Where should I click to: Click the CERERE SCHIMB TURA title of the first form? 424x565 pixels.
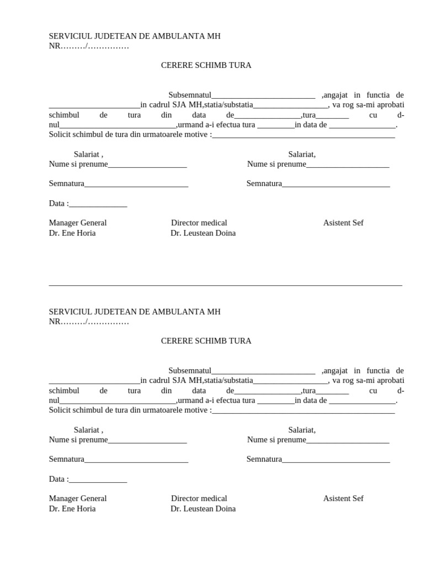pos(206,65)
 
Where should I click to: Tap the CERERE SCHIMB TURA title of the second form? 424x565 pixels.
pos(206,341)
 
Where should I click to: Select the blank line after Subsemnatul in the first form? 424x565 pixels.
pos(263,96)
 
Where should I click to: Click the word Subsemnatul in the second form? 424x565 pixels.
pos(190,371)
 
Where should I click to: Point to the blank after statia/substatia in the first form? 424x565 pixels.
pos(290,106)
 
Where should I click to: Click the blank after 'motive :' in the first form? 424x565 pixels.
pos(303,135)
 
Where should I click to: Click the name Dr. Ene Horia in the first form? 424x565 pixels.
pos(72,233)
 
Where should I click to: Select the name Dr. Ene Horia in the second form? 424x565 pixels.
pos(72,509)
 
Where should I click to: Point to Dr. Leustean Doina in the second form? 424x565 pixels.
pos(203,509)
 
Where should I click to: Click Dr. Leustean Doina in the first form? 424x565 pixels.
pos(203,233)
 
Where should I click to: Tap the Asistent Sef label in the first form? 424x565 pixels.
pos(343,223)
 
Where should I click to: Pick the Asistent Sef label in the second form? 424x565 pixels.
pos(343,499)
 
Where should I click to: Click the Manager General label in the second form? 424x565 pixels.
pos(78,499)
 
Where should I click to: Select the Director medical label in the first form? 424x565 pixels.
pos(199,223)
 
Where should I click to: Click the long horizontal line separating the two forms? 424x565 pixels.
pos(225,285)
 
